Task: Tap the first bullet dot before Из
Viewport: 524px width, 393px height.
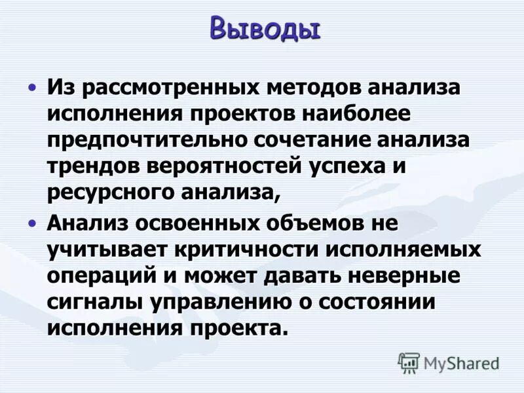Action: click(x=31, y=87)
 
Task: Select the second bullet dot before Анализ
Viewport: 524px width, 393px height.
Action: click(x=31, y=223)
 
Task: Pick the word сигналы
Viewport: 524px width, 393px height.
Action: click(x=91, y=303)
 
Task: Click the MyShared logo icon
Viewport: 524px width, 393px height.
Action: click(x=409, y=362)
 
